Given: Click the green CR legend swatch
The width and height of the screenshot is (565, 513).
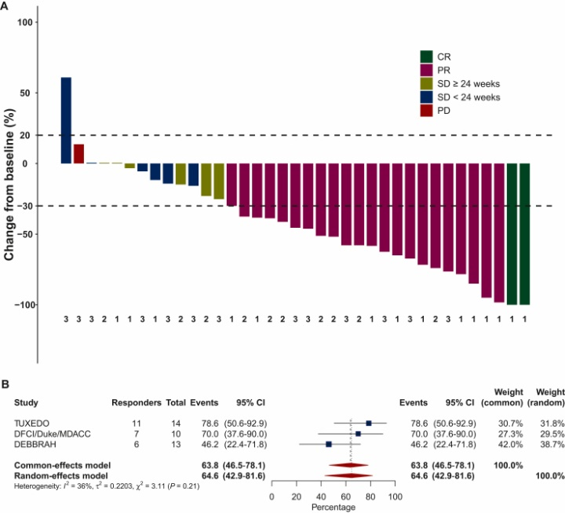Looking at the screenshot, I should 426,56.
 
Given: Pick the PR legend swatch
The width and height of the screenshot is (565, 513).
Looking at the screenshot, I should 426,70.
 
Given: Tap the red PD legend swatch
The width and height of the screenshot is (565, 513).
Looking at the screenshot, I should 426,111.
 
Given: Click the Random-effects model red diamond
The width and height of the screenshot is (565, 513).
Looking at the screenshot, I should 349,475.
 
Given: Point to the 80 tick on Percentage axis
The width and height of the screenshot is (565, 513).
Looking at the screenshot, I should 370,497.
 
